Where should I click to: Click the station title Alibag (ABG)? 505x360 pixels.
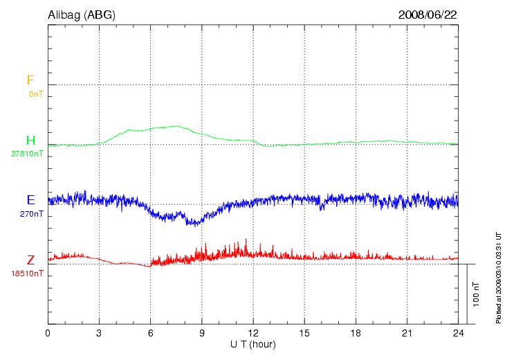pos(82,14)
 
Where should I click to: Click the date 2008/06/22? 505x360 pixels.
pos(428,14)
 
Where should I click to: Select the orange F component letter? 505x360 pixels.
pos(30,80)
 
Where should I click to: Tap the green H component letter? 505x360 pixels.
pos(30,141)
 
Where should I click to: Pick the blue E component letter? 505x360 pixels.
pos(30,200)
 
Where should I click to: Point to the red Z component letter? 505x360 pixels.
pos(30,260)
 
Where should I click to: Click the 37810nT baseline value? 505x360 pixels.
pos(27,154)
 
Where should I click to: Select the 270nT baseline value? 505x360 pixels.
pos(32,214)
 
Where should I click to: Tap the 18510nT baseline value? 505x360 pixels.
pos(27,273)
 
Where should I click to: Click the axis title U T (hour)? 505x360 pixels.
pos(252,344)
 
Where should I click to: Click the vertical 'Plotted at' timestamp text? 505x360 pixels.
pos(498,277)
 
